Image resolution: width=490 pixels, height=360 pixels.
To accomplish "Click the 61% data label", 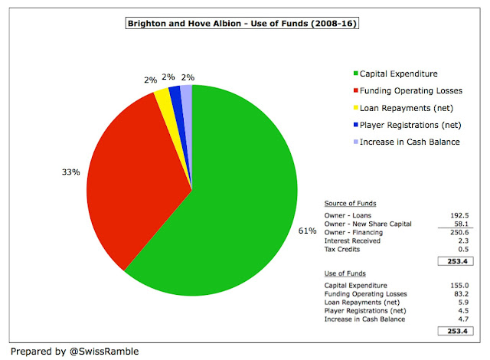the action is coord(307,231).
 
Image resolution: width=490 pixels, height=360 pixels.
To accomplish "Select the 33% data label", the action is coord(71,172).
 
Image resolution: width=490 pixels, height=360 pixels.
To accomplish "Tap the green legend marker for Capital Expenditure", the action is coord(355,74).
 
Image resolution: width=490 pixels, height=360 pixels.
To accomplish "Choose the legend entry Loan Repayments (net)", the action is coord(407,108).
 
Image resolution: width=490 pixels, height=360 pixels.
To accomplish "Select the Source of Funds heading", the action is coord(351,204).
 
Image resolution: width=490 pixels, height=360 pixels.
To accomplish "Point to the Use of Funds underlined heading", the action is coord(345,273).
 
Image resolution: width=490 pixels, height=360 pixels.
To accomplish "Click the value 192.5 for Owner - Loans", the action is coord(459,215).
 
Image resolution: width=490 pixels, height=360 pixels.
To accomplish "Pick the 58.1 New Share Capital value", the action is coord(461,224).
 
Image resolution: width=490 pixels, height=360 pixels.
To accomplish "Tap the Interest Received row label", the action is coord(352,241).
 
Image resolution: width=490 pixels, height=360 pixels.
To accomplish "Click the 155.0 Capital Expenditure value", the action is coord(459,285).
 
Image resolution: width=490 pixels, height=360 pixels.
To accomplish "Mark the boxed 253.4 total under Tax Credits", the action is coord(456,261).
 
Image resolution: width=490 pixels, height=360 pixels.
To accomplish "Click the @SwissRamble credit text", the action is coord(104,352).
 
